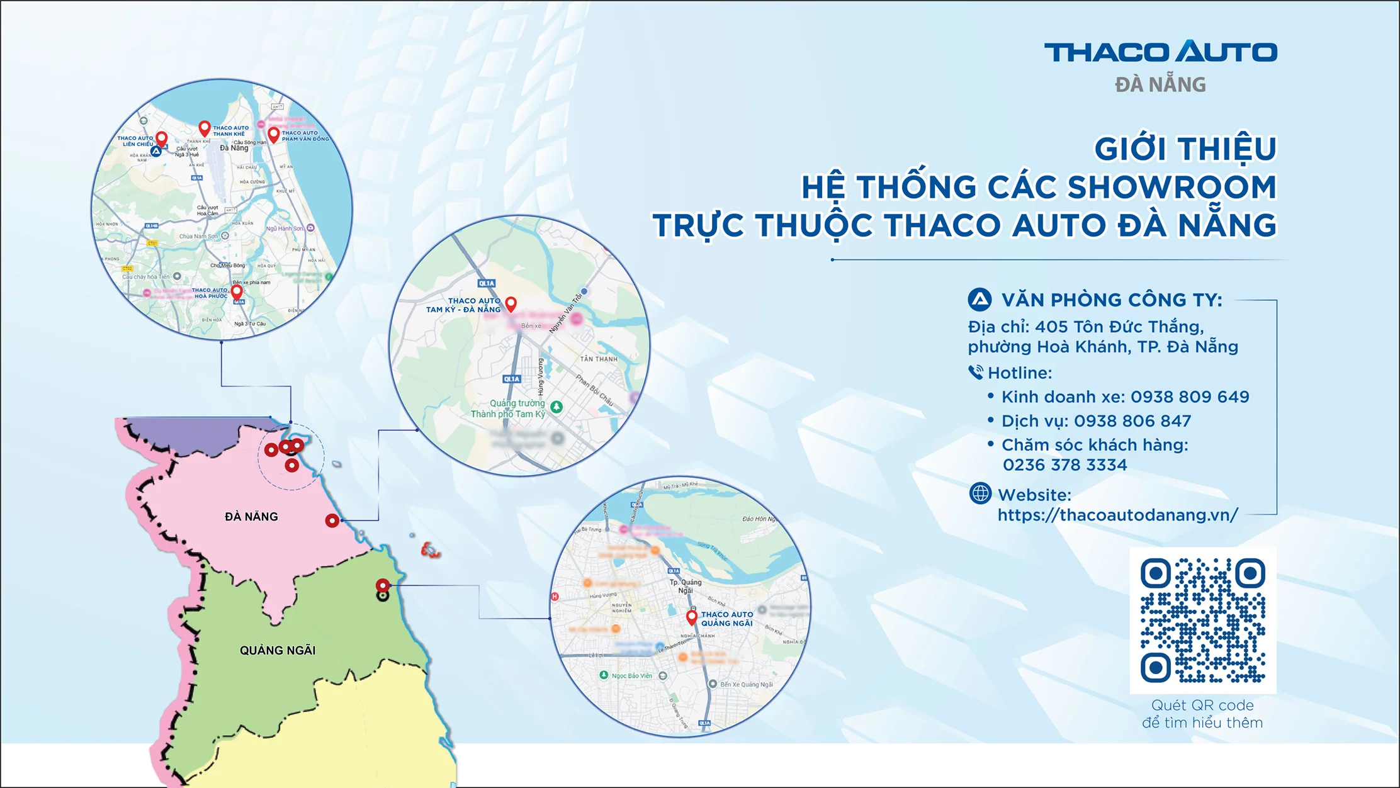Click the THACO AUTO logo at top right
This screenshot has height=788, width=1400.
1160,52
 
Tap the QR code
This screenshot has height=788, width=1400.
1202,620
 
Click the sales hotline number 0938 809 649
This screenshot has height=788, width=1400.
1190,397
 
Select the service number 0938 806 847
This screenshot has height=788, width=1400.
1132,421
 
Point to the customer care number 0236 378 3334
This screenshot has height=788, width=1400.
1064,465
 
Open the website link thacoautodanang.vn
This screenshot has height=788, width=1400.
1117,515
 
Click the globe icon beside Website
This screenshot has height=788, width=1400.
980,493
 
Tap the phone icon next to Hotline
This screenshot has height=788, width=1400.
975,373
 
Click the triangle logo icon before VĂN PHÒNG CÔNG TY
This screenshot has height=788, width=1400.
979,300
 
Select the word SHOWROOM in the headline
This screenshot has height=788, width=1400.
1171,187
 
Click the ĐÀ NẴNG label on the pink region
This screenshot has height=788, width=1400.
251,517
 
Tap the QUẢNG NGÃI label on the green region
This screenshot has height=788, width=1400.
278,651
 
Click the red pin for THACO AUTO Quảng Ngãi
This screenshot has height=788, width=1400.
691,617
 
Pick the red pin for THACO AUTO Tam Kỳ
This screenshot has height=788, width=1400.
511,304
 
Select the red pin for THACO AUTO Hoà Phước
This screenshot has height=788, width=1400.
237,292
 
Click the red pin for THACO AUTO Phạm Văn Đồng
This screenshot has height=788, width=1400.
273,135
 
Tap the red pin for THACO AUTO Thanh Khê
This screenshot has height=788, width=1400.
204,128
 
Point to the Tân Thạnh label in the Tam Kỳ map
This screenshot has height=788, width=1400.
599,359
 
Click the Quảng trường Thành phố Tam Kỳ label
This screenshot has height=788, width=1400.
509,408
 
